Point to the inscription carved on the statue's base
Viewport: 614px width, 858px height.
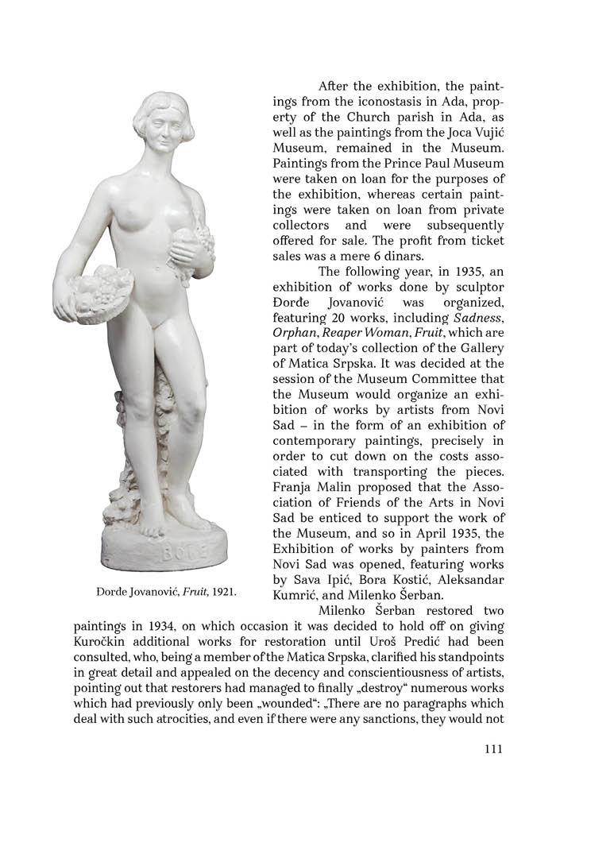pyautogui.click(x=184, y=553)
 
